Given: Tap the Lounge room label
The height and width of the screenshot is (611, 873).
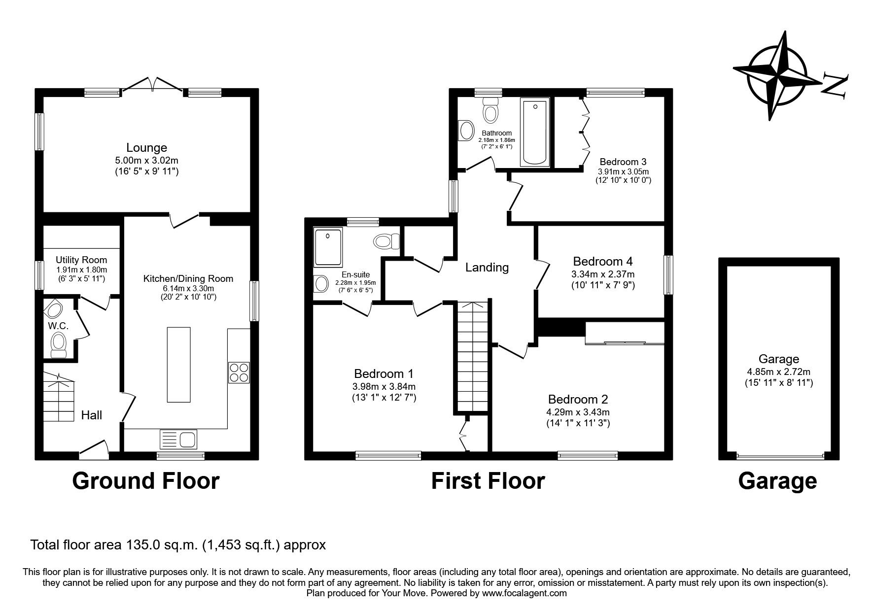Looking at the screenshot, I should [146, 147].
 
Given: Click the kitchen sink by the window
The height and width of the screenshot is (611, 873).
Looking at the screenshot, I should [178, 438].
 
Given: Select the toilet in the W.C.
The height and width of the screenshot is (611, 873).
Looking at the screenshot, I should [59, 343].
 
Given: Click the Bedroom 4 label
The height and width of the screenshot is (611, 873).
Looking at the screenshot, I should [602, 261].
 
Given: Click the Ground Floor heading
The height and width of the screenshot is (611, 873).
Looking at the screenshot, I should [146, 480].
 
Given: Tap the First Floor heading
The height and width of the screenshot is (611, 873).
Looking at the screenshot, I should [488, 480].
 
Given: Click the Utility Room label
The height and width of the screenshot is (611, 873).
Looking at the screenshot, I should [81, 260].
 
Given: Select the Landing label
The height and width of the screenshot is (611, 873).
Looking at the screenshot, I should [487, 267].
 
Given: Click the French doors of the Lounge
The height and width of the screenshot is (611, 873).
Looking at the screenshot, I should [153, 85].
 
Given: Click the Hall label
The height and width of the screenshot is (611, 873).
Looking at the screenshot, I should [92, 415].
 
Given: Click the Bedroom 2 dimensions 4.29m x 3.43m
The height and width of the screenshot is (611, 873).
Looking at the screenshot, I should [578, 412].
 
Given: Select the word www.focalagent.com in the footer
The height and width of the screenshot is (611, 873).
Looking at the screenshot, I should [524, 593].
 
